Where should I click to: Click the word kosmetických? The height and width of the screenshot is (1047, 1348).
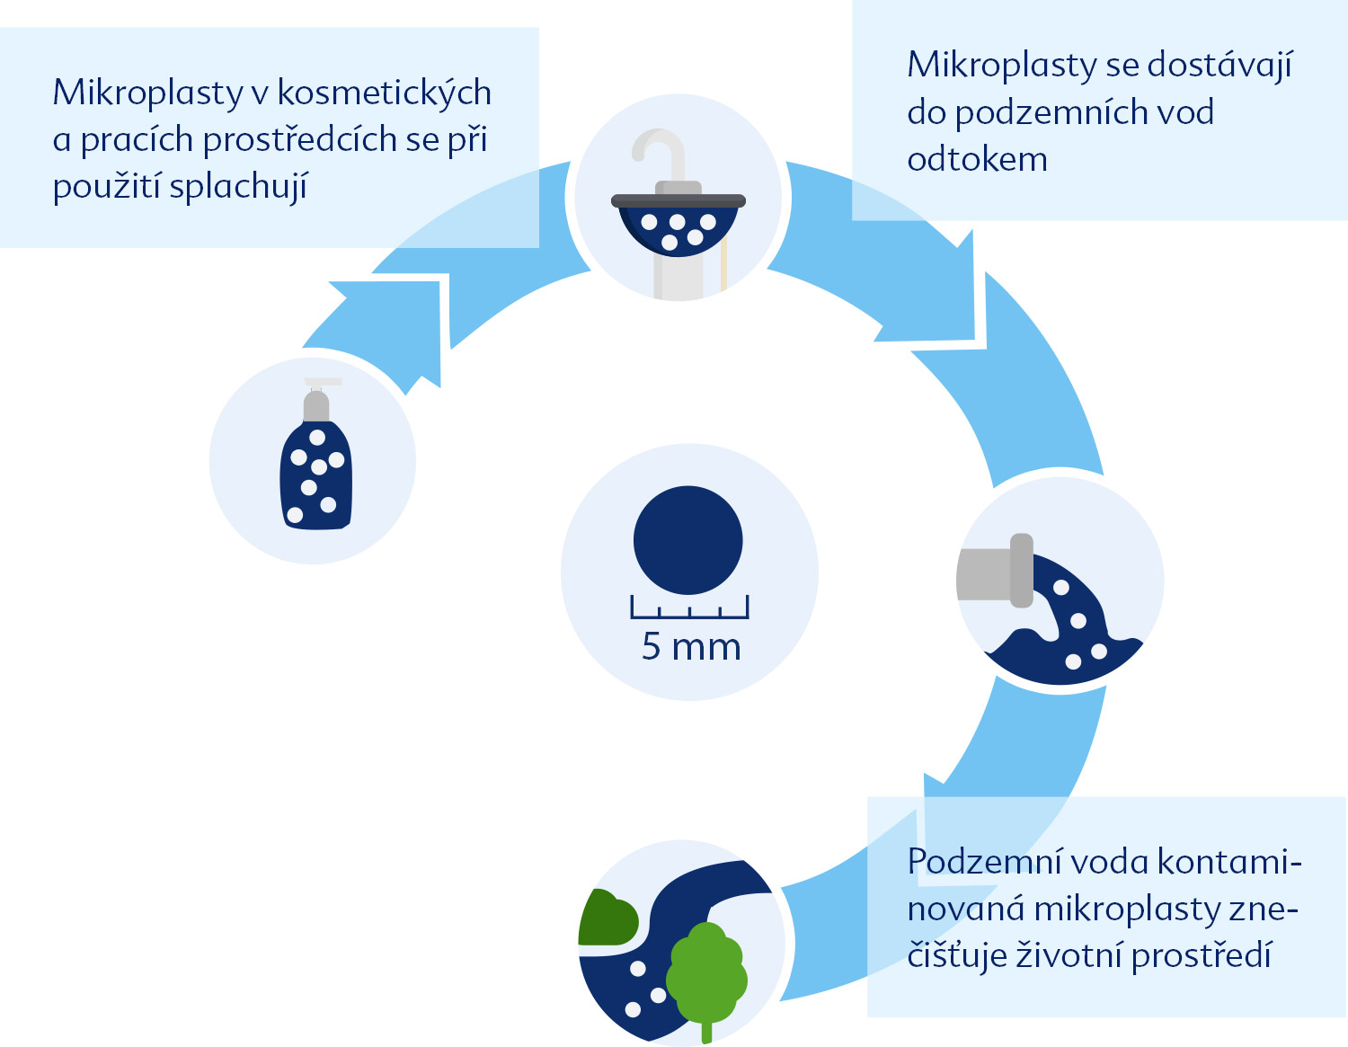click(384, 94)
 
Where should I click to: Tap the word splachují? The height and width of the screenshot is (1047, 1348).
click(238, 187)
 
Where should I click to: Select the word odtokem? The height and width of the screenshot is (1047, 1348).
click(977, 159)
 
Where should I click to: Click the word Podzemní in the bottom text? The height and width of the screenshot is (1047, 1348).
click(992, 863)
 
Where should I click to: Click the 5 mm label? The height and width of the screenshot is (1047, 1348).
click(691, 647)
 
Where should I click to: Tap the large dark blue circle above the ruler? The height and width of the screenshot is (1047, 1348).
click(688, 540)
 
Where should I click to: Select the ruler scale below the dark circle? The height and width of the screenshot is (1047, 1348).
click(690, 607)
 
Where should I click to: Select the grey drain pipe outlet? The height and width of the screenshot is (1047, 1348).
click(995, 571)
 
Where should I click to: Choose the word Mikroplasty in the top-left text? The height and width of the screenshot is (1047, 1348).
click(147, 94)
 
